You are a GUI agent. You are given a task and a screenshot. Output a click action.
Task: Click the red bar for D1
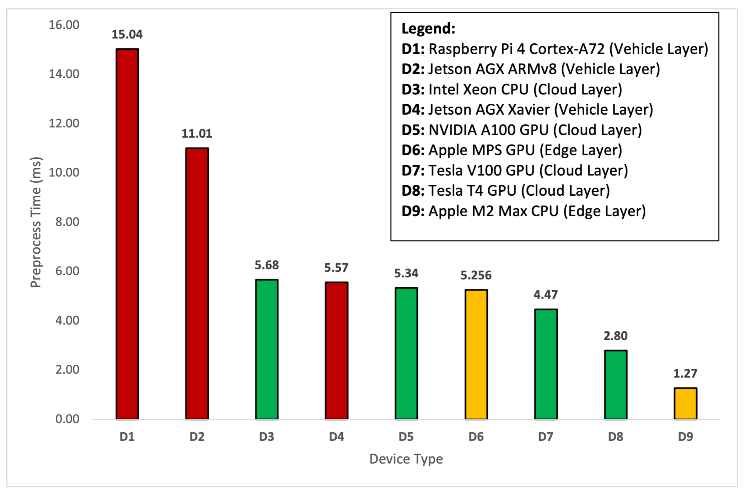127,234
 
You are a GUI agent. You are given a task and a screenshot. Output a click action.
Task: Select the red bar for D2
197,284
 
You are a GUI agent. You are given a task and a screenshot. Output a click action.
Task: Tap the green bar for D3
267,349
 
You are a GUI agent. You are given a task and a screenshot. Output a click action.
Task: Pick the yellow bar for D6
476,354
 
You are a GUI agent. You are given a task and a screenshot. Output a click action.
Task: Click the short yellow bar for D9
685,403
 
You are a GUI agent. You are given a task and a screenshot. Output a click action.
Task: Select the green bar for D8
616,385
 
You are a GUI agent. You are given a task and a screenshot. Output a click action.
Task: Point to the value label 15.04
127,34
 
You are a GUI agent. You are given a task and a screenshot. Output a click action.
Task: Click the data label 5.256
476,275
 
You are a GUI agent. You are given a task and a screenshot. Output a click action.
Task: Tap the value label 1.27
685,374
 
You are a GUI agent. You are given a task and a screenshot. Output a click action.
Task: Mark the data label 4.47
545,295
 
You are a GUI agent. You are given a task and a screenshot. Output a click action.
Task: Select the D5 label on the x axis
406,437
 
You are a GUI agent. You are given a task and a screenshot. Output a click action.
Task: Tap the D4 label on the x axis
336,437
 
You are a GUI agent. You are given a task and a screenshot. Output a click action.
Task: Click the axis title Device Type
406,459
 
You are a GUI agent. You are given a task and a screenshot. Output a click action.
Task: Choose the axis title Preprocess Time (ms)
36,222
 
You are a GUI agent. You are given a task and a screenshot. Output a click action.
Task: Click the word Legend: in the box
428,29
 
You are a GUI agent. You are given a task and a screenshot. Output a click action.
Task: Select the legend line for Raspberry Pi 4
554,49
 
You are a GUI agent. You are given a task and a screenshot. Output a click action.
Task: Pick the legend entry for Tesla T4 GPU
505,191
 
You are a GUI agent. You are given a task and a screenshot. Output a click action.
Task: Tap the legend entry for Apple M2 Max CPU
523,211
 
